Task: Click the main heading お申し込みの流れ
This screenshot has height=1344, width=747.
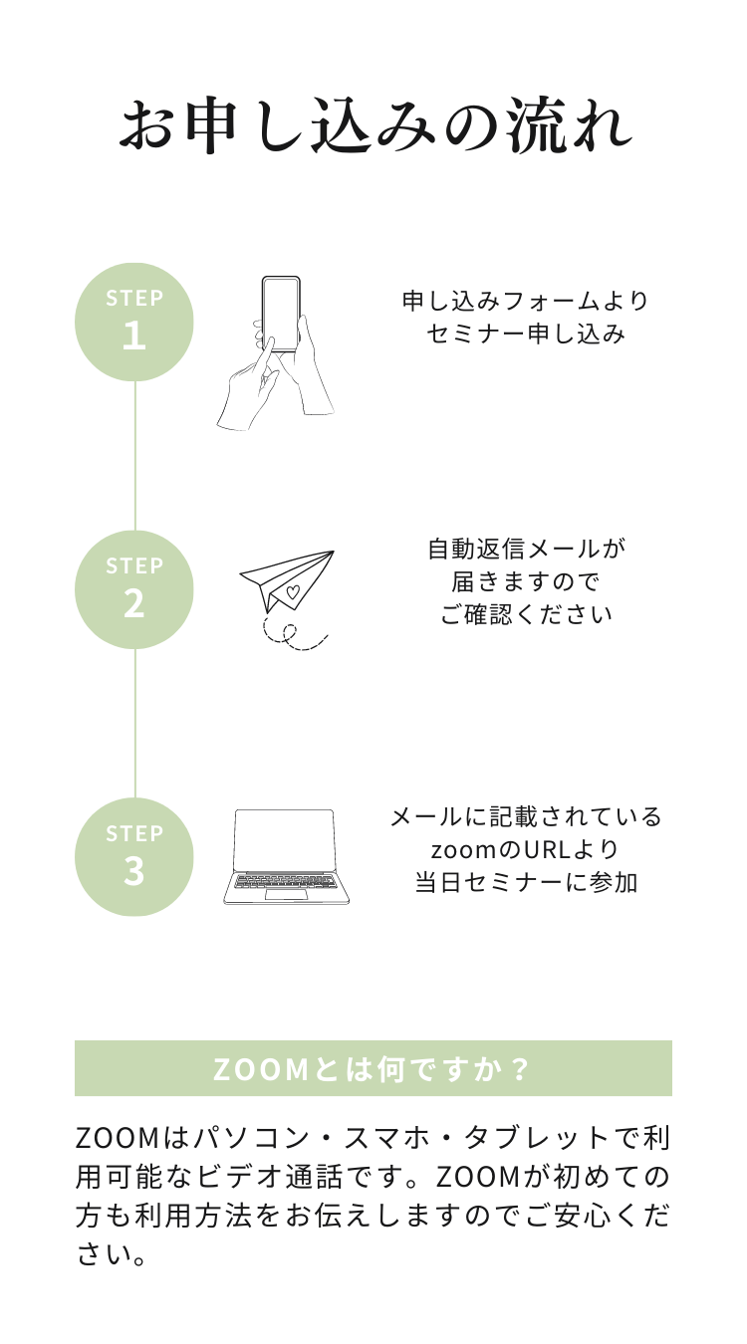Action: point(374,125)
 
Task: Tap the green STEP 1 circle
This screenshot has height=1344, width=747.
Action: point(133,323)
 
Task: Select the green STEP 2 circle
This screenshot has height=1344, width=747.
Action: point(133,589)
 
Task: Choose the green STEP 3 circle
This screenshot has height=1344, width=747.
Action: point(133,857)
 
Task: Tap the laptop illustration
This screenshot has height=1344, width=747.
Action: point(287,857)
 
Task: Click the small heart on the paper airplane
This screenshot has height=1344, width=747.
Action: point(293,592)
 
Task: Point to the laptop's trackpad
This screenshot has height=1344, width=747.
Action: point(286,895)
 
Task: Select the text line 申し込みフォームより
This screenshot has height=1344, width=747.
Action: point(526,301)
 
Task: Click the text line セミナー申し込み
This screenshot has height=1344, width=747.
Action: point(526,334)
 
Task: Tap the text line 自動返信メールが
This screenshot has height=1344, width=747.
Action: point(527,549)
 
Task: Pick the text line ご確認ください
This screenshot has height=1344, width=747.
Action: point(526,614)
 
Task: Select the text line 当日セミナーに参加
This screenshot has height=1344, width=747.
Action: point(526,883)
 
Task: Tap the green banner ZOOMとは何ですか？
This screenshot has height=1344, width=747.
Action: point(373,1068)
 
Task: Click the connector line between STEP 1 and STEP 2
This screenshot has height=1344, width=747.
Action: point(134,456)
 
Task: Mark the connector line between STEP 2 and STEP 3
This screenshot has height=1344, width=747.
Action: point(134,724)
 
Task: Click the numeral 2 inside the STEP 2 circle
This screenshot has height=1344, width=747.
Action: point(133,603)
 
